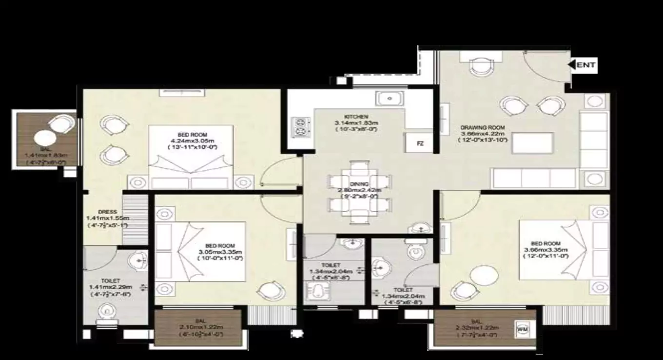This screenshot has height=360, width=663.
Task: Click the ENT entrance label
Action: coord(585,64)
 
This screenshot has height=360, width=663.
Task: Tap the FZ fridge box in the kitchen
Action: coord(420,144)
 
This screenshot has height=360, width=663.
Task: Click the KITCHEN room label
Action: coord(356,117)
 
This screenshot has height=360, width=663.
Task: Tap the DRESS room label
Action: coord(106,212)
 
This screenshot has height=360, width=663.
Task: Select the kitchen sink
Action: coord(390,99)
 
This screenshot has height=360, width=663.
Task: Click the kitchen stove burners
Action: coord(299,127)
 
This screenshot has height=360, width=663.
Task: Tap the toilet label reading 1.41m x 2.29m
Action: coord(110,287)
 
